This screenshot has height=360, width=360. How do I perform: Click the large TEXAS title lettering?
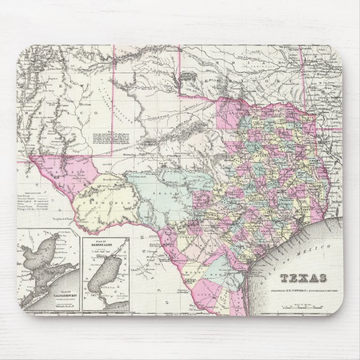[x=304, y=278]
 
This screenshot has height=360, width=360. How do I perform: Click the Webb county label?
[x=201, y=271]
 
